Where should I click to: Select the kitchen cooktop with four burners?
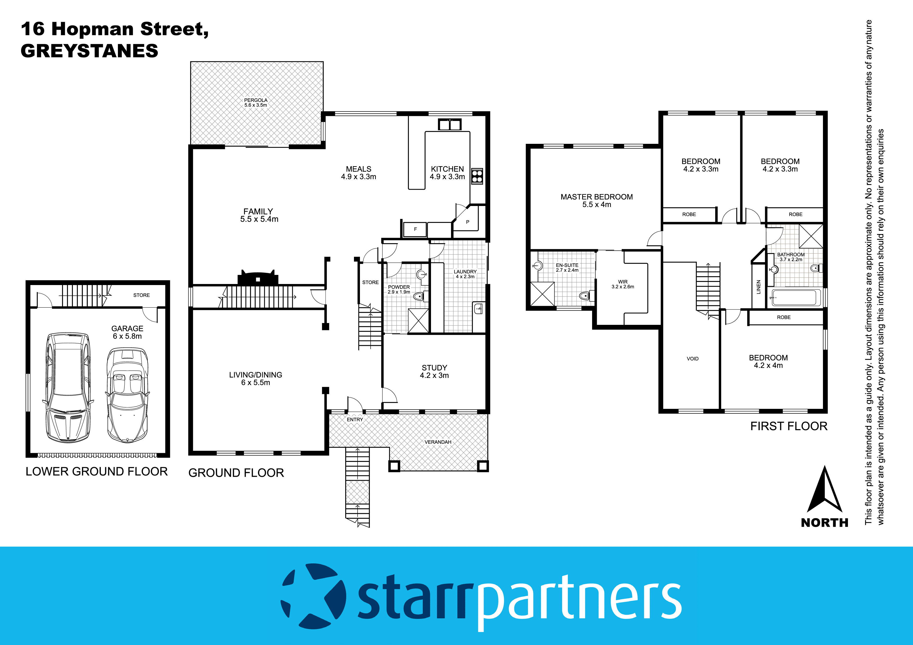coord(477,176)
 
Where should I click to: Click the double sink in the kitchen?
coord(449,124)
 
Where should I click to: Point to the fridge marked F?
coord(415,229)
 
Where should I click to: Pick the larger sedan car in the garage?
coord(68,388)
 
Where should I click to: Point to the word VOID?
coord(692,358)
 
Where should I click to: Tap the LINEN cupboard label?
coord(758,287)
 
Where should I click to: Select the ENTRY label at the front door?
coord(355,419)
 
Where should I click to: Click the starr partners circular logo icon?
coord(313,596)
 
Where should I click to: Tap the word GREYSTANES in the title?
coord(90,51)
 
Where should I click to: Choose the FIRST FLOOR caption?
coord(789,426)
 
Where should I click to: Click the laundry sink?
coord(478,308)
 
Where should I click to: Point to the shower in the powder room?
coord(418,320)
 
